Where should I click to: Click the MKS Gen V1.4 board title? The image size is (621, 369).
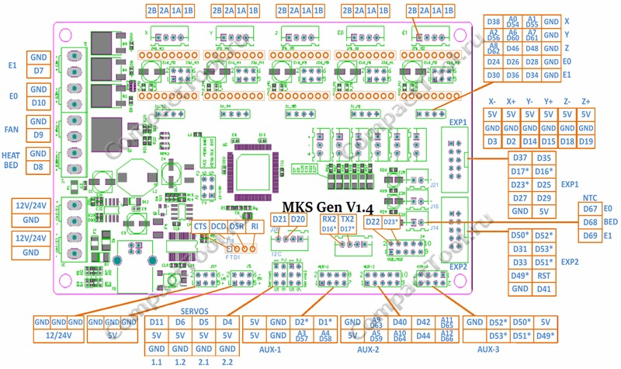coord(335,207)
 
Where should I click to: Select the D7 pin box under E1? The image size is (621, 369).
coord(39,71)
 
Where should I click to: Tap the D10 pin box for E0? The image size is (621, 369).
coord(39,103)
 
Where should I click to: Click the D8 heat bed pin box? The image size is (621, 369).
coord(39,166)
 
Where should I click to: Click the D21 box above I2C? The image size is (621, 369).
coord(280,220)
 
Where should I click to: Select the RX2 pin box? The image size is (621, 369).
coord(329,220)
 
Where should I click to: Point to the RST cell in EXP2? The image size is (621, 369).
coord(544,275)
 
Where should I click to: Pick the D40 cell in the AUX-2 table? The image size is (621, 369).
coord(400,322)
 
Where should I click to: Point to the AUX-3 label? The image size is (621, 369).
coord(488,350)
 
